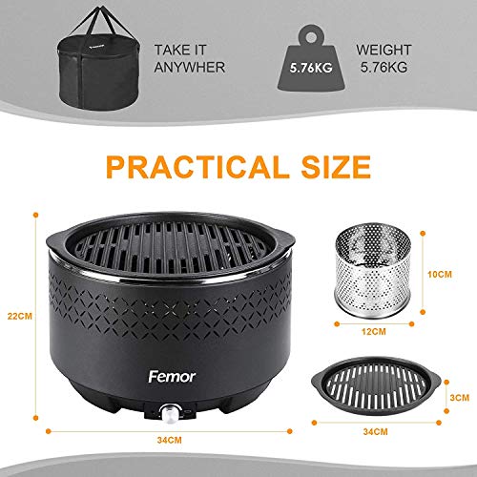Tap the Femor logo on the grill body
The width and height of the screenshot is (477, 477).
tap(172, 377)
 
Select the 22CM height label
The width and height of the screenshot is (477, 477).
tap(20, 316)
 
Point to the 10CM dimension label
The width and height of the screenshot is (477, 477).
tap(440, 275)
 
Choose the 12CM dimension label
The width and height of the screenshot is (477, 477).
tap(374, 332)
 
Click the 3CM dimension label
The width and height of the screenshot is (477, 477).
tap(460, 398)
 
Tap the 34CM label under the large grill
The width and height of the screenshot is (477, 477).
tap(170, 440)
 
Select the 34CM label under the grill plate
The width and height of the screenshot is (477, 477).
tap(375, 432)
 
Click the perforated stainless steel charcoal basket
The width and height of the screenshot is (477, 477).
tap(373, 270)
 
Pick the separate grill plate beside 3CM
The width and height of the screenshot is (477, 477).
tap(376, 385)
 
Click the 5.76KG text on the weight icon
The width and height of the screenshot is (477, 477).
tap(311, 68)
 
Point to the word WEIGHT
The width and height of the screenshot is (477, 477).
tap(384, 50)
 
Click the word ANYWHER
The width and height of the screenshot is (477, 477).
tap(190, 68)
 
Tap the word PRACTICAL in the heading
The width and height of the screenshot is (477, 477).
tap(194, 167)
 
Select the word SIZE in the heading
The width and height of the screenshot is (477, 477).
tap(336, 167)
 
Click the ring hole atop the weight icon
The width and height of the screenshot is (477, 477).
tap(311, 37)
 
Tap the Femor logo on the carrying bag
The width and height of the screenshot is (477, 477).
tap(96, 48)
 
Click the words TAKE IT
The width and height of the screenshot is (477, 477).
tap(180, 50)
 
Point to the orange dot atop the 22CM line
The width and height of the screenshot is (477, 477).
tap(35, 215)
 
